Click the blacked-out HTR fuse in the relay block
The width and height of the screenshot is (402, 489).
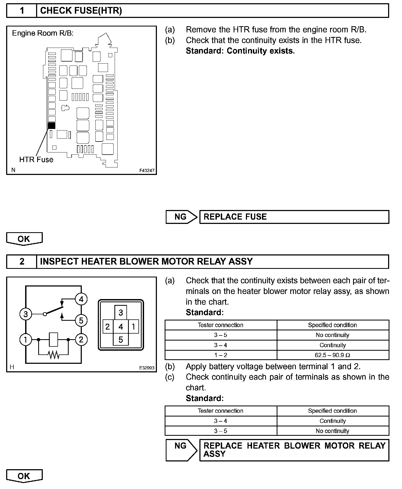click(x=52, y=125)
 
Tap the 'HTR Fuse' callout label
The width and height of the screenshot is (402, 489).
click(x=36, y=160)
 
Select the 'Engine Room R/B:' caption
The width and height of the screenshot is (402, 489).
click(x=43, y=33)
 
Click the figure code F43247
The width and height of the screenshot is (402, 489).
click(x=147, y=170)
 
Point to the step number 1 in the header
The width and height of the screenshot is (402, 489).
click(x=22, y=11)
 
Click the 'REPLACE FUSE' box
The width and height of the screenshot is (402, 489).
click(x=294, y=217)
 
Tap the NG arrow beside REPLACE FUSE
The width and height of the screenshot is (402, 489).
click(x=181, y=217)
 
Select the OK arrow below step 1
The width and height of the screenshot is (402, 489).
click(x=24, y=239)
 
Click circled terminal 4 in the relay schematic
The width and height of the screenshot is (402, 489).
click(x=81, y=299)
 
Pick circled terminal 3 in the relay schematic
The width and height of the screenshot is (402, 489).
click(x=26, y=314)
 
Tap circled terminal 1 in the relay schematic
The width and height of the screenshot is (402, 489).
click(x=26, y=340)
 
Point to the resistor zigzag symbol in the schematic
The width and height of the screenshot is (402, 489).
click(x=54, y=355)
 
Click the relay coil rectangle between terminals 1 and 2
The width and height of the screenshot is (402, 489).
click(x=54, y=339)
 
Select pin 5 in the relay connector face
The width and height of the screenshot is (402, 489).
click(x=121, y=340)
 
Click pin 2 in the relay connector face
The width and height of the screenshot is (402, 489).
click(x=108, y=327)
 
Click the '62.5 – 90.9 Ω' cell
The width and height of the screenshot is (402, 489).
click(x=333, y=355)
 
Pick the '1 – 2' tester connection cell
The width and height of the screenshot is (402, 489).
click(x=221, y=355)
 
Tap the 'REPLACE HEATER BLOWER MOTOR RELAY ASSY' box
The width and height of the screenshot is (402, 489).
click(x=294, y=450)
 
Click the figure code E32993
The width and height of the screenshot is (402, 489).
click(x=147, y=368)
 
